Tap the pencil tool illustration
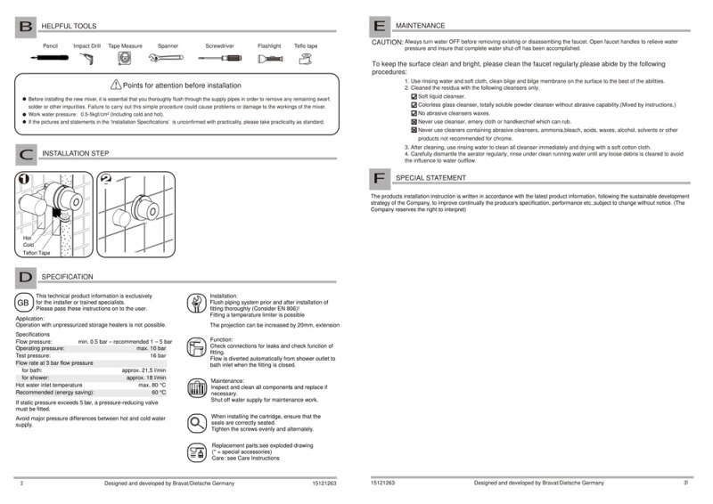[50, 58]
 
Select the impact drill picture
[86, 59]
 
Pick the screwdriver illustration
[220, 58]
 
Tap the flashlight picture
[268, 59]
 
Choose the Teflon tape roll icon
[306, 59]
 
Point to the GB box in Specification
[24, 303]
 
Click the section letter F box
[380, 178]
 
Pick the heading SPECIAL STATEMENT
[430, 178]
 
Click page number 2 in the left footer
[20, 483]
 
